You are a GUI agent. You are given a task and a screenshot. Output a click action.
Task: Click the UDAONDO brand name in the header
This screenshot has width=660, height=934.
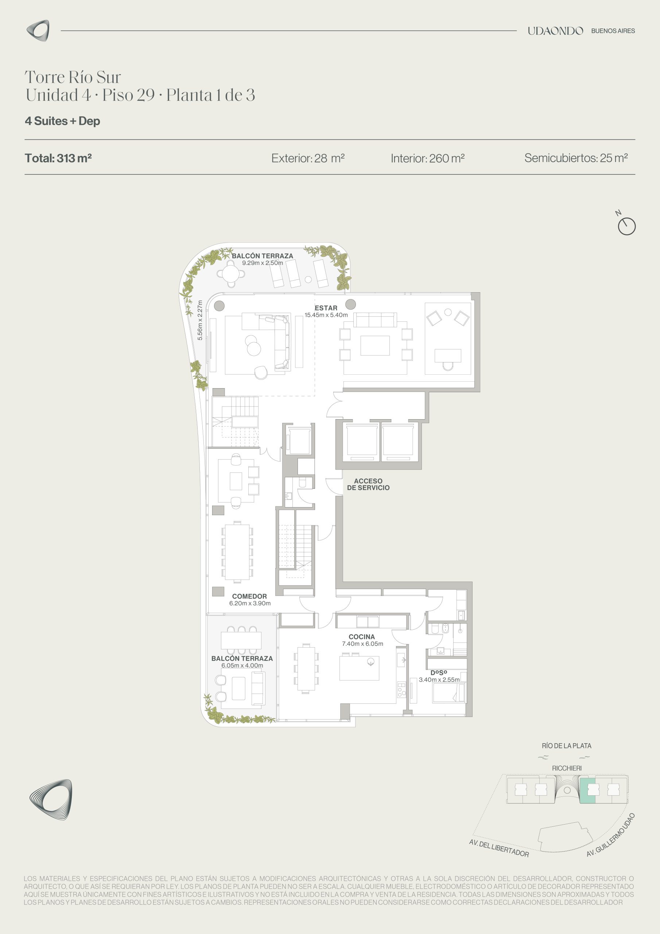coord(555,31)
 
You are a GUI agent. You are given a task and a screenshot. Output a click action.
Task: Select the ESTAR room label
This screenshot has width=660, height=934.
coord(326,308)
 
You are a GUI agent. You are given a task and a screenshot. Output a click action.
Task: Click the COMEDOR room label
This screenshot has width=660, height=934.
coord(249,597)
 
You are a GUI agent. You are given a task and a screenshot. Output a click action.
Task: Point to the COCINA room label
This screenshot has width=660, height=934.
coord(361,637)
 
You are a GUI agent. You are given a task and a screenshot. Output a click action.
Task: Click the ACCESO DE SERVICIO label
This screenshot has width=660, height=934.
coord(368,484)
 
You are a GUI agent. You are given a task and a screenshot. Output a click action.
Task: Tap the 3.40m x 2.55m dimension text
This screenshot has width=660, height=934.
coord(439,680)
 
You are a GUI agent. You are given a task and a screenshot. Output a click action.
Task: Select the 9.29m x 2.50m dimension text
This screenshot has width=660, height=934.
coord(262,263)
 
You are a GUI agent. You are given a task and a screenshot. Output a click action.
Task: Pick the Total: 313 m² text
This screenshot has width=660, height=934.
coord(58,158)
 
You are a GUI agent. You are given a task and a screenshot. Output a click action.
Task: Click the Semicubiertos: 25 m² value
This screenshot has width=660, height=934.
coord(576,158)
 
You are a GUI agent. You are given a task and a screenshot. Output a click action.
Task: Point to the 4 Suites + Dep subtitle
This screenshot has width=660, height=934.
coord(62,121)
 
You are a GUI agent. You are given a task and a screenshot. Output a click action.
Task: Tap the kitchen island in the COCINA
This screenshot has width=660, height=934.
coord(360,668)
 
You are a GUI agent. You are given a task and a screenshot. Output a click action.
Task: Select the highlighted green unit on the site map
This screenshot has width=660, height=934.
coord(587,790)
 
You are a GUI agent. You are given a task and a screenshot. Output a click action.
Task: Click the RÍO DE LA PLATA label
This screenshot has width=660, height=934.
coord(566,746)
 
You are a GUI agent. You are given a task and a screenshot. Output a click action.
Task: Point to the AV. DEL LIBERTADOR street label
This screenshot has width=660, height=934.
coord(499,849)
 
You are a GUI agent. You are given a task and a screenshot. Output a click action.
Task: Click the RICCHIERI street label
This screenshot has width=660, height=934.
coord(566,768)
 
